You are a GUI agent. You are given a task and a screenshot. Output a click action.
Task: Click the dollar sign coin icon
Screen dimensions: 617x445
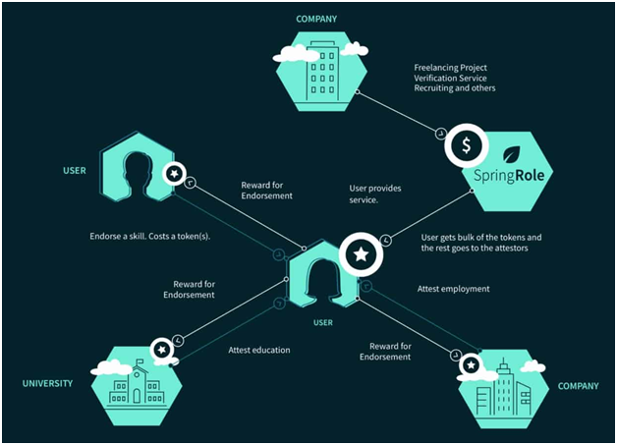pos(467,145)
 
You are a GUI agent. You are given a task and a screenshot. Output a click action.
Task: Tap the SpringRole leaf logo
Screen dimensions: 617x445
pos(512,154)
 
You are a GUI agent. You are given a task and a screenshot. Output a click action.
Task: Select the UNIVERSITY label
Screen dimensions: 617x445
pos(47,383)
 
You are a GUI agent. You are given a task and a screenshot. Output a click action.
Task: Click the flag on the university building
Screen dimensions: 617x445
pos(140,362)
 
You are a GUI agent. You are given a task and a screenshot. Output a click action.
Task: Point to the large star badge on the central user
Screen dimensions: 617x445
pos(361,254)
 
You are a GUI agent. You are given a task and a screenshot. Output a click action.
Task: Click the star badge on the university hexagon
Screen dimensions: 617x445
pos(162,350)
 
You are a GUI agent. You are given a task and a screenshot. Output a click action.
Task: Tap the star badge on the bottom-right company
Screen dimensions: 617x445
pos(471,365)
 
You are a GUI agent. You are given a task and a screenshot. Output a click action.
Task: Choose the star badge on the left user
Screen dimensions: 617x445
pos(174,173)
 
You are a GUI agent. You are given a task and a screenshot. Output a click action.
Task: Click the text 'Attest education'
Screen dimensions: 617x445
pos(259,350)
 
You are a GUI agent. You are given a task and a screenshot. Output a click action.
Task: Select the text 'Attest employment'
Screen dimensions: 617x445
pos(453,289)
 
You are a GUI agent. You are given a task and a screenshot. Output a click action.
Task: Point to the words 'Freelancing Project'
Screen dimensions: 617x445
pos(451,68)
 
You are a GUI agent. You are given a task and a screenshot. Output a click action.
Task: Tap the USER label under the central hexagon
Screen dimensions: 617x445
pos(323,322)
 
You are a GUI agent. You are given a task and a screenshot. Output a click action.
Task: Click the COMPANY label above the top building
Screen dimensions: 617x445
pos(316,19)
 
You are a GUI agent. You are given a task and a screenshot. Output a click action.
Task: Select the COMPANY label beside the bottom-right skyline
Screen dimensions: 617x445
pos(578,386)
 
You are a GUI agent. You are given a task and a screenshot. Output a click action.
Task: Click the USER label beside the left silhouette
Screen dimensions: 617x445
pos(75,170)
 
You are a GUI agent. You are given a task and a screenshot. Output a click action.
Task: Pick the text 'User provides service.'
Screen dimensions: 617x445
pos(375,194)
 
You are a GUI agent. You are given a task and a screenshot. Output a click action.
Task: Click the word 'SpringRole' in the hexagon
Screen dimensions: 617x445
pos(509,176)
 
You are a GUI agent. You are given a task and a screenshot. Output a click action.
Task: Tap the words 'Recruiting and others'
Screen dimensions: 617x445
pos(455,88)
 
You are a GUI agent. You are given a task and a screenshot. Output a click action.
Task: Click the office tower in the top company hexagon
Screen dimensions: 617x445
pos(322,73)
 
